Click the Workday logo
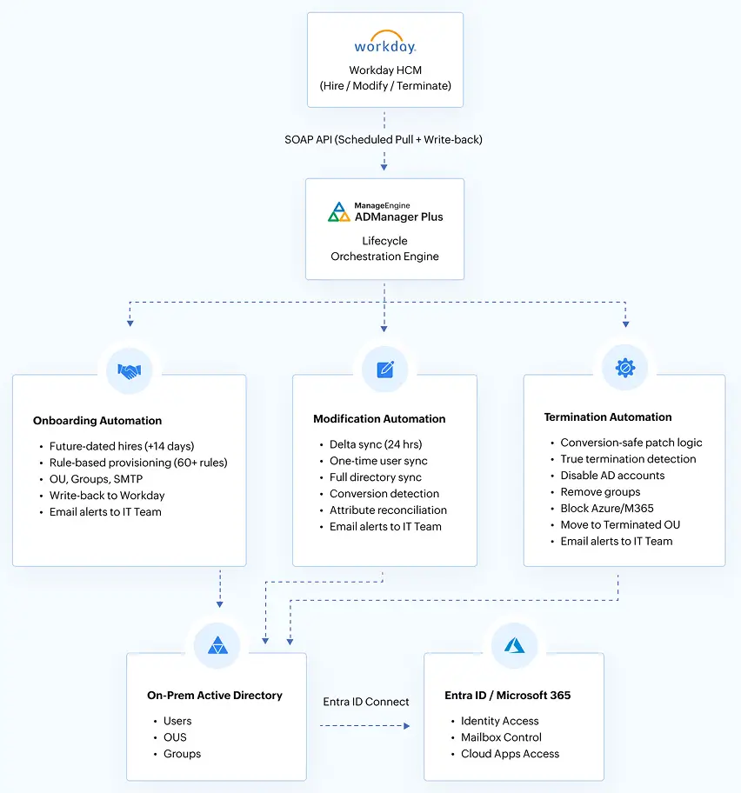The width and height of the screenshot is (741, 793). click(384, 46)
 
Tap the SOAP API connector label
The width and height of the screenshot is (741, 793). click(384, 139)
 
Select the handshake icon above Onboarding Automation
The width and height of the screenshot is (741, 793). click(130, 371)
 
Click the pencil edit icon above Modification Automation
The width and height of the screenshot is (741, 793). click(385, 370)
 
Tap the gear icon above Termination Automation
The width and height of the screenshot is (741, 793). click(624, 368)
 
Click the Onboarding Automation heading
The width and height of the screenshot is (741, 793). click(97, 421)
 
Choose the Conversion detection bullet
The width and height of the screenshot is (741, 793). click(384, 494)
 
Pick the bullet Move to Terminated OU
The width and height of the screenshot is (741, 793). click(620, 524)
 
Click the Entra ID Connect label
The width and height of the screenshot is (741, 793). click(365, 702)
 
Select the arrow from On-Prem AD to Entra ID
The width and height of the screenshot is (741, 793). click(365, 724)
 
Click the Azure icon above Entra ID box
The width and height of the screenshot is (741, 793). click(514, 645)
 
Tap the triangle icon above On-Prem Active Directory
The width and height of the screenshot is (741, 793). click(217, 645)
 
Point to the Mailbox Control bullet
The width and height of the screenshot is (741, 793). click(501, 737)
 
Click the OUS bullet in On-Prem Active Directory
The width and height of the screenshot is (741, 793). click(175, 737)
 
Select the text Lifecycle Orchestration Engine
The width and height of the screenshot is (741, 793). click(384, 249)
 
